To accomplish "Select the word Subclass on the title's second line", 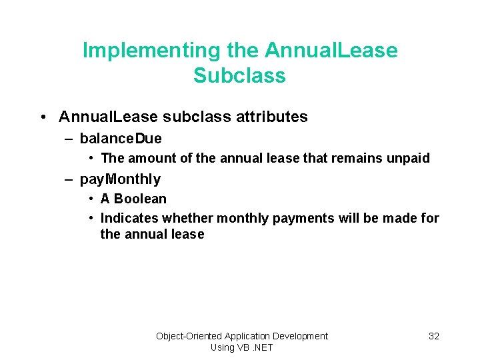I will click(239, 76).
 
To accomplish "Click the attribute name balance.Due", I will click(121, 139).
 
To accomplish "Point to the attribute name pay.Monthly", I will click(120, 179).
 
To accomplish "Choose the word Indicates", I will click(129, 219).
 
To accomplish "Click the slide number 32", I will click(433, 336).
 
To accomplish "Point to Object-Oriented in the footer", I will click(189, 336).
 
